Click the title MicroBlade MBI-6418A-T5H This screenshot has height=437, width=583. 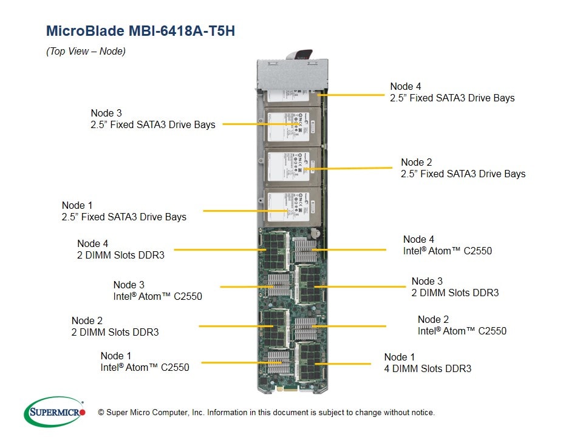[140, 31]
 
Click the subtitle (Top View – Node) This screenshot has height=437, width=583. [86, 52]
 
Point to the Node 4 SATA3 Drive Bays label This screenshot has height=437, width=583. [452, 92]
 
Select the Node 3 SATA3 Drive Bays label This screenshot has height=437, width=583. [152, 119]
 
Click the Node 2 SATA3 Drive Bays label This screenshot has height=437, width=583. [463, 168]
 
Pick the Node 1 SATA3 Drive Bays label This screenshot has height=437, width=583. [124, 211]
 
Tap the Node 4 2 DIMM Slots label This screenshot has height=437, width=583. [120, 249]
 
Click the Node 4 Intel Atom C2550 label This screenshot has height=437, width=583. [447, 245]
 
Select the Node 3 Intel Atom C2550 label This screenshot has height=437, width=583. [157, 291]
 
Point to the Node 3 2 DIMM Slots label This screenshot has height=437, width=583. [455, 287]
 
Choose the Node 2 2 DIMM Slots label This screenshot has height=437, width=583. [115, 327]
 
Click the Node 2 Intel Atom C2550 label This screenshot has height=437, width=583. [462, 325]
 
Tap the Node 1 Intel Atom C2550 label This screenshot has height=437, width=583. [145, 362]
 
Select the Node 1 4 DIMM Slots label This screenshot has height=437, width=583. [428, 363]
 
